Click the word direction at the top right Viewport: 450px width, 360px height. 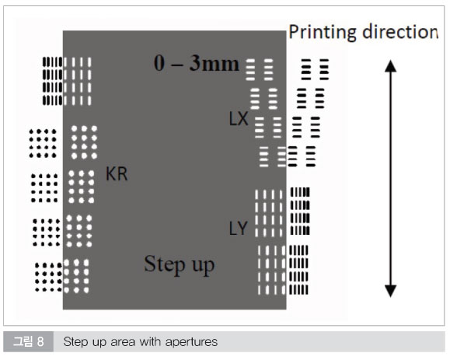(x=400, y=32)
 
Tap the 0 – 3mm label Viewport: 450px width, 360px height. (x=197, y=63)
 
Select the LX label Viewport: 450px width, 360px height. (x=239, y=118)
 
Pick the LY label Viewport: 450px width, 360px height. (x=238, y=229)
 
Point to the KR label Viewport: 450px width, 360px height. (x=117, y=173)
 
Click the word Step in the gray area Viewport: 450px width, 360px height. (x=165, y=264)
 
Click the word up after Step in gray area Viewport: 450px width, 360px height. (x=203, y=266)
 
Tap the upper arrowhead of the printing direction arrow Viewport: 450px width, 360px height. (x=391, y=65)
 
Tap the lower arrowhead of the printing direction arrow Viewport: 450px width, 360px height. (x=391, y=291)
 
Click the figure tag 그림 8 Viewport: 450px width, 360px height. (x=29, y=341)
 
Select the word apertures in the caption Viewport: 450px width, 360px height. (x=191, y=342)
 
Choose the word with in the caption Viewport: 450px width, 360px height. (x=150, y=341)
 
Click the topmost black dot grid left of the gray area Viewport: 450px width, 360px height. (x=43, y=144)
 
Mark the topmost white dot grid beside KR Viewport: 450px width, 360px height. (x=84, y=142)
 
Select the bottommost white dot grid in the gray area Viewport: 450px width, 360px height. (x=76, y=276)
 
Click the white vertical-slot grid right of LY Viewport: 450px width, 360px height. (x=269, y=213)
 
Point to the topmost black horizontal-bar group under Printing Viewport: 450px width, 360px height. (x=315, y=69)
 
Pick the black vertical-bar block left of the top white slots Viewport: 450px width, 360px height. (x=52, y=81)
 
